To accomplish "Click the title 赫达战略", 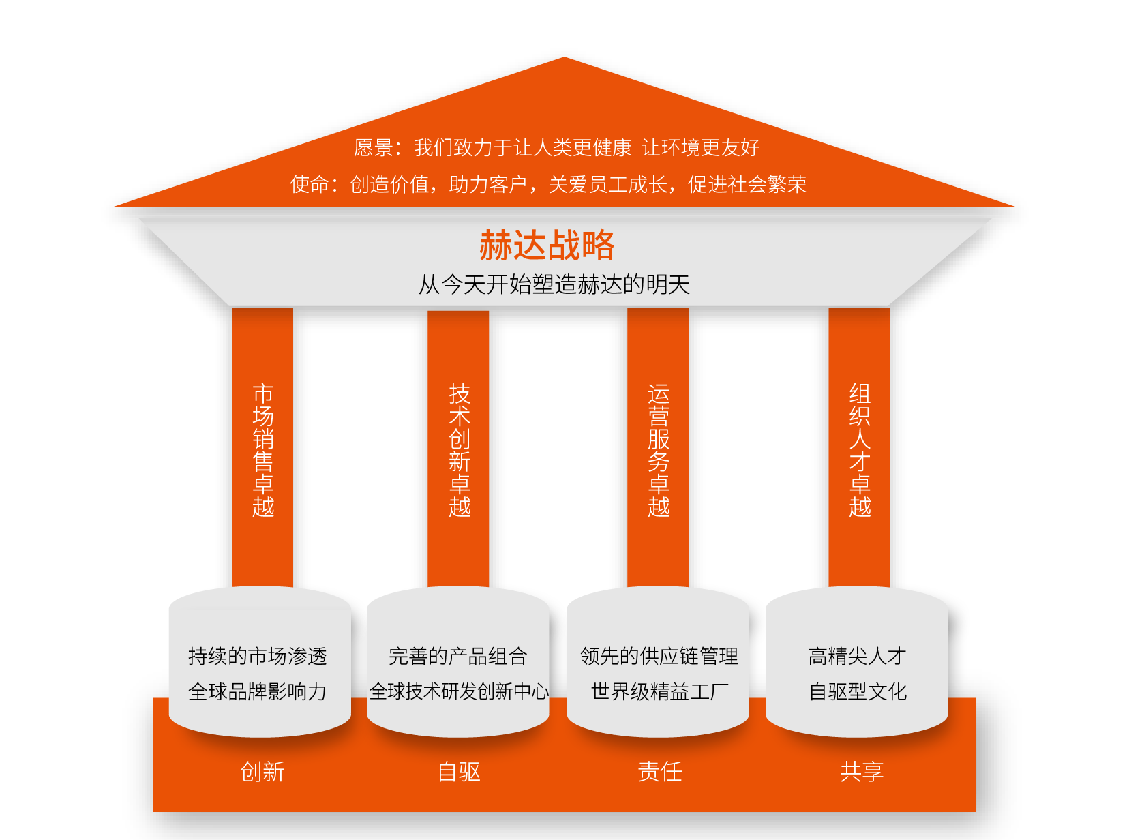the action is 547,245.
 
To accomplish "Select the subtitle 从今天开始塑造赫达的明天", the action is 554,284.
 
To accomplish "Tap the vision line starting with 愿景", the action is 557,147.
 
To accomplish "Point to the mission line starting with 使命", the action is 548,184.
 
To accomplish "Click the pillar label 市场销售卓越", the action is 263,450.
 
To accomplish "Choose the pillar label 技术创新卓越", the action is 459,450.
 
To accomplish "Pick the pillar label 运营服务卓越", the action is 659,450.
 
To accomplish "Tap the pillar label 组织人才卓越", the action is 860,450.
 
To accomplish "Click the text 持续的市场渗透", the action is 258,656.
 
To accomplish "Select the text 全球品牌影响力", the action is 258,691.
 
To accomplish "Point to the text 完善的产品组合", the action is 457,656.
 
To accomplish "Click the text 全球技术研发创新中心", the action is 459,691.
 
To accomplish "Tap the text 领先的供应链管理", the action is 659,656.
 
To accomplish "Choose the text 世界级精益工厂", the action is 659,691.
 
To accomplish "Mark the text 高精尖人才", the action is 858,656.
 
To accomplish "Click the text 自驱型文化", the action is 858,691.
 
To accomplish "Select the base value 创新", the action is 262,771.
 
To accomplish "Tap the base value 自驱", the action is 459,771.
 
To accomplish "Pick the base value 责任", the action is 660,771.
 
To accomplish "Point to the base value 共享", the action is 862,771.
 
